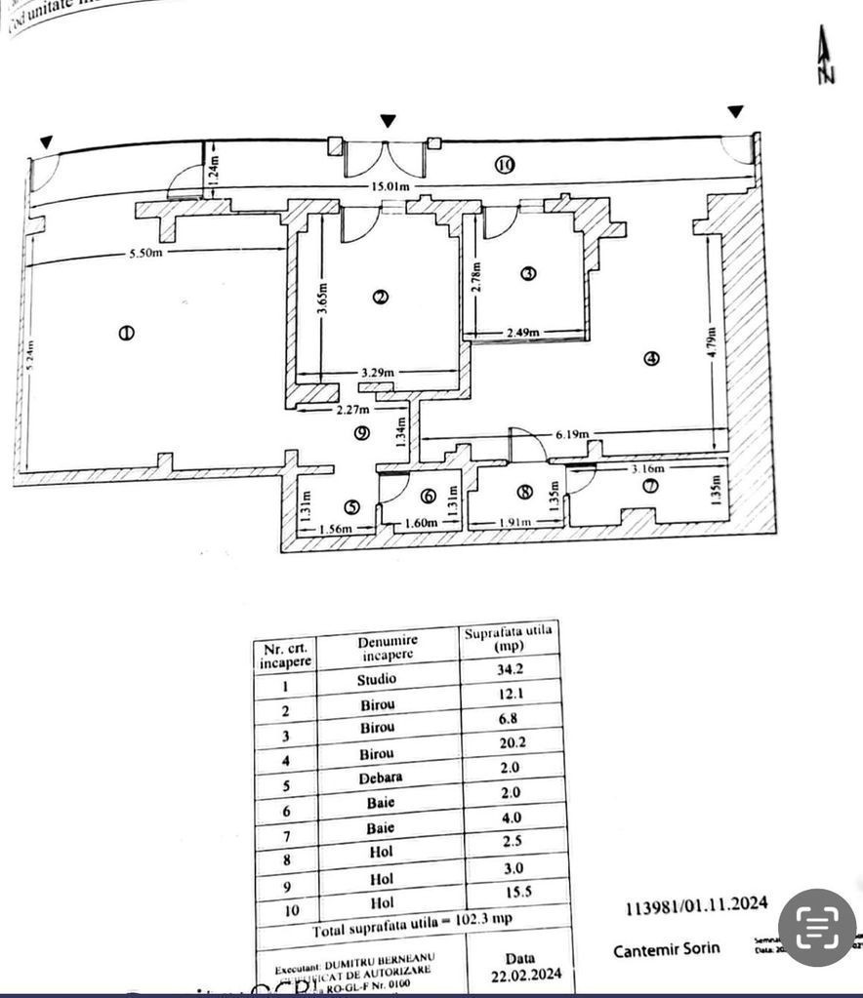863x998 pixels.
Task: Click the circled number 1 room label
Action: click(126, 333)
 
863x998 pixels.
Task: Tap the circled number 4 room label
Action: click(651, 358)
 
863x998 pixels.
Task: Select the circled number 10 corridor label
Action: click(504, 164)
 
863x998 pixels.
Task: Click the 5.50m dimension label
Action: click(145, 254)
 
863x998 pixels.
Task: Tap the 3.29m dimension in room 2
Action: click(376, 372)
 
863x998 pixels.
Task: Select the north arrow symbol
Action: click(826, 56)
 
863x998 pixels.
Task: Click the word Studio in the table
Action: click(376, 678)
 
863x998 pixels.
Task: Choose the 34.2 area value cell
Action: click(510, 668)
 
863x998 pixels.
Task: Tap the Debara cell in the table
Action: click(379, 778)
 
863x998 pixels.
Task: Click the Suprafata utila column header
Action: click(508, 638)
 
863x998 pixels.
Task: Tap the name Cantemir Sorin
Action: click(667, 949)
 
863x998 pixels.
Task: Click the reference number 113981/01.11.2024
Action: click(696, 906)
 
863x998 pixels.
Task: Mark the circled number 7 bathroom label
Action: click(651, 485)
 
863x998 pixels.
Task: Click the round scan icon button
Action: click(816, 928)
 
